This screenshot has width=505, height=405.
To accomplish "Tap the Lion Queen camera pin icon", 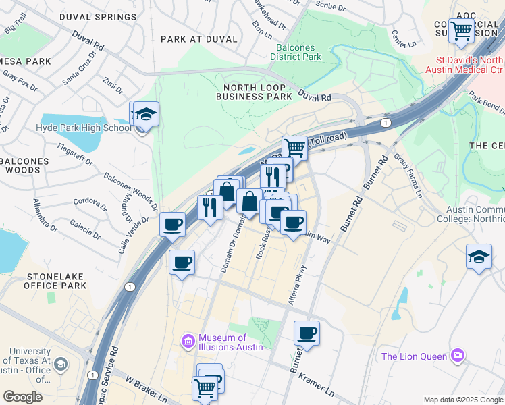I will [458, 355].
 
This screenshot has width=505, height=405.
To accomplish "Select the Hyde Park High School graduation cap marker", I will [145, 115].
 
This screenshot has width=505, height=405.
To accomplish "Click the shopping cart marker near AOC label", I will [461, 30].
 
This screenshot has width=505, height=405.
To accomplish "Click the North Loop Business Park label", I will [254, 92].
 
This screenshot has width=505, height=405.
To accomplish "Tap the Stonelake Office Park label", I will [57, 281].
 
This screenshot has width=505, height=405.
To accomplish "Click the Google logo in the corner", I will [22, 397].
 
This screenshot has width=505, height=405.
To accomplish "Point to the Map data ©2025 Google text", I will [463, 400].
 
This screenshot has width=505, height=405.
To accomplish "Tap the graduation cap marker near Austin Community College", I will [479, 257].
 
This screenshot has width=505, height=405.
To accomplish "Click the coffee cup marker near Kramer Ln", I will [307, 333].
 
